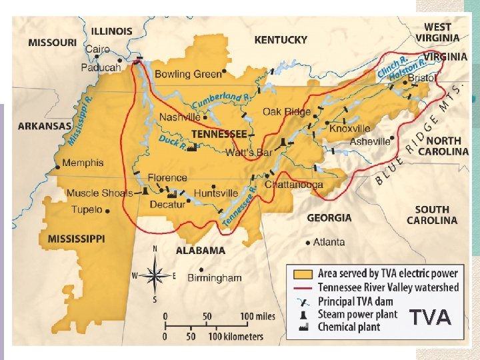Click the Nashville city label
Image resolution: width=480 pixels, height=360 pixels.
[x=180, y=117]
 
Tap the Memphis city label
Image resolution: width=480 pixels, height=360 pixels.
[x=83, y=163]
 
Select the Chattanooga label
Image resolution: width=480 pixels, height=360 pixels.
[x=294, y=185]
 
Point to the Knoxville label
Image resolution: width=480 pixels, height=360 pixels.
[x=349, y=128]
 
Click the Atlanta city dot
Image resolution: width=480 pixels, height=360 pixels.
[x=307, y=242]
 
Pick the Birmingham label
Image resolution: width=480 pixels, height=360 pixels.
[x=215, y=277]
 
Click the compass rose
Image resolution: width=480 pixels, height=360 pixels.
[x=156, y=274]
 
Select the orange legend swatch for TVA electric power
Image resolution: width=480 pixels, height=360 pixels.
[x=303, y=274]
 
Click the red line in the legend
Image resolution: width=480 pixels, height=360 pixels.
[x=303, y=287]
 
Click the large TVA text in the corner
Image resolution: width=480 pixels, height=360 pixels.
[x=430, y=317]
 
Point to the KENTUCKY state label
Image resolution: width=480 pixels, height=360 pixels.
[x=281, y=40]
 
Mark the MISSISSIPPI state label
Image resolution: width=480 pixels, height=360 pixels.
[x=76, y=238]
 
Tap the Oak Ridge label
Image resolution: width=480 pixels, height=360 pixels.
[x=287, y=112]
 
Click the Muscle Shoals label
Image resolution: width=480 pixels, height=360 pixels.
[x=100, y=193]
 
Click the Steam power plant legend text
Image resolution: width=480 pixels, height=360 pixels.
[x=357, y=313]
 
